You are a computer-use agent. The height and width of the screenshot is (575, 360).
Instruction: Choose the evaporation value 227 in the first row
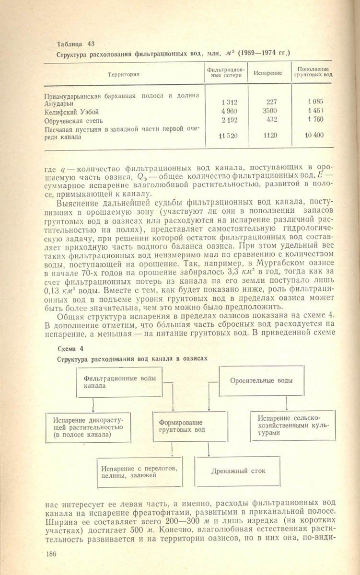272,102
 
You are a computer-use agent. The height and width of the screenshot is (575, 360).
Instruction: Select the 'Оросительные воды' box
261,381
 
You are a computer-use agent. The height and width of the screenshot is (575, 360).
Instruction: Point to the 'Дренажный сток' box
237,471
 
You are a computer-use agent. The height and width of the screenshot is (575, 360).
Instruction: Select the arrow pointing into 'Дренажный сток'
209,450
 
